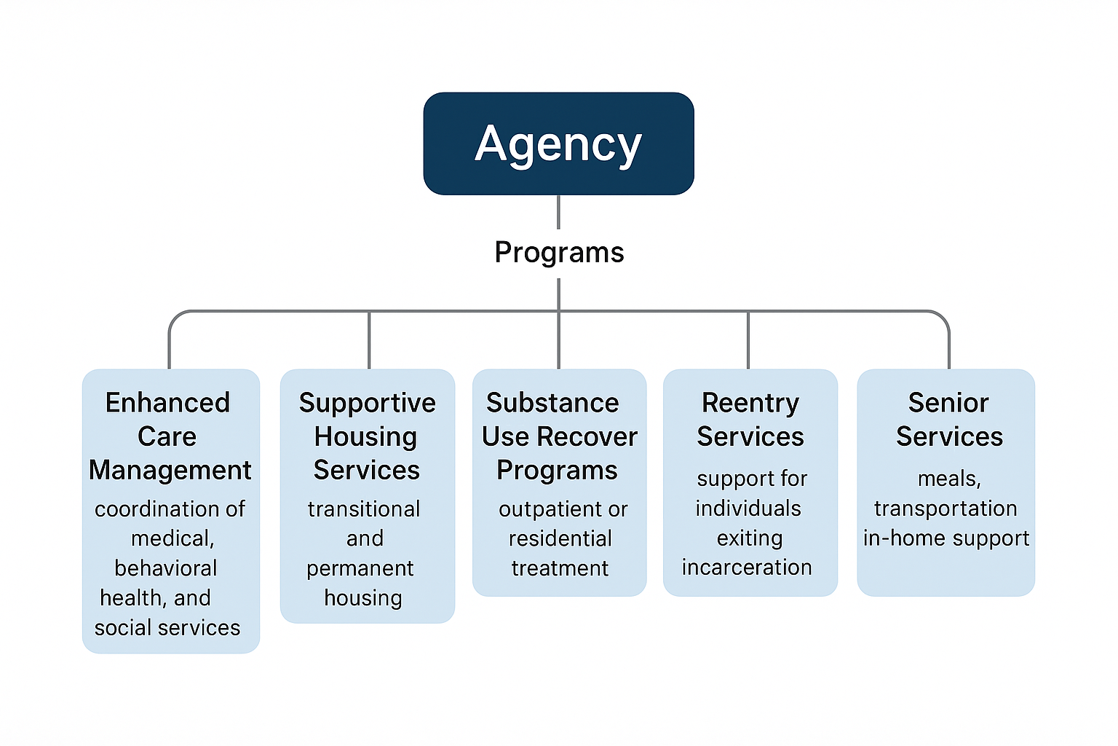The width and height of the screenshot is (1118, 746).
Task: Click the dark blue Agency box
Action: pyautogui.click(x=558, y=144)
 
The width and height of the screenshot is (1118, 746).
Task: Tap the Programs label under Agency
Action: pyautogui.click(x=559, y=252)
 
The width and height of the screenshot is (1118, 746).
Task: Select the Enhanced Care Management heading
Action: pyautogui.click(x=169, y=436)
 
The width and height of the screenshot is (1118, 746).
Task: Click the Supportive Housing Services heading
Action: pyautogui.click(x=367, y=436)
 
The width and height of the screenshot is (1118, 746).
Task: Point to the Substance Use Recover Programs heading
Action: pyautogui.click(x=558, y=436)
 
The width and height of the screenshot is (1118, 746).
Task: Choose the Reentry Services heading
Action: pyautogui.click(x=750, y=419)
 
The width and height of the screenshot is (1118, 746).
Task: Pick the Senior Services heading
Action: pyautogui.click(x=949, y=419)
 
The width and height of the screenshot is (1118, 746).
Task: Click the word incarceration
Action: pyautogui.click(x=747, y=567)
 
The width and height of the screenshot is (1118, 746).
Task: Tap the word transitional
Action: pyautogui.click(x=364, y=509)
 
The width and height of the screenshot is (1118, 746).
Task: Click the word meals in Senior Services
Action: pyautogui.click(x=949, y=479)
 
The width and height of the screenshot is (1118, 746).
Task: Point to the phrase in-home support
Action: pyautogui.click(x=946, y=538)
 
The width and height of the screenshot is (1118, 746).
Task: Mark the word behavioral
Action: pyautogui.click(x=166, y=568)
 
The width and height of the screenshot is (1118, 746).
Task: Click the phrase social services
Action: pyautogui.click(x=167, y=627)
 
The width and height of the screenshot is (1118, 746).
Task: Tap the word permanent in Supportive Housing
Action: pyautogui.click(x=360, y=568)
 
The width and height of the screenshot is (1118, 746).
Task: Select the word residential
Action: pyautogui.click(x=560, y=538)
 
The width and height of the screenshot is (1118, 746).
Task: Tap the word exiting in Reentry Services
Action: pyautogui.click(x=750, y=538)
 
